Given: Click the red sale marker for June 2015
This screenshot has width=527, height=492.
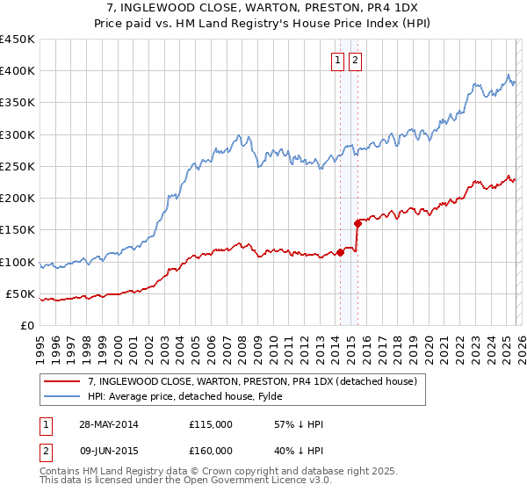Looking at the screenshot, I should click(x=357, y=223).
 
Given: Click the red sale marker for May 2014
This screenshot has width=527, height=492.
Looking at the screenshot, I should click(x=341, y=252).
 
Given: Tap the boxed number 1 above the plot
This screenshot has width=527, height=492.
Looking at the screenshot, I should click(x=338, y=61).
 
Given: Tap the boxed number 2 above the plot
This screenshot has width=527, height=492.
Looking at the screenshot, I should click(x=355, y=61).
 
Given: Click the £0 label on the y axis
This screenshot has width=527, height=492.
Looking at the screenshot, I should click(x=26, y=326).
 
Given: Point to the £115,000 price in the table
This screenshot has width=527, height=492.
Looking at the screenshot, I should click(x=211, y=424).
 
